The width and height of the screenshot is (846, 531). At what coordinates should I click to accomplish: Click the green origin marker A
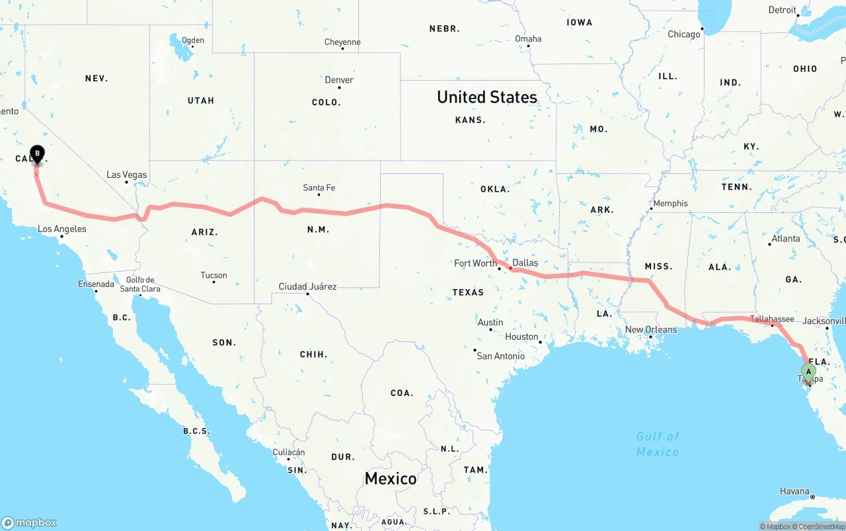point(808,372)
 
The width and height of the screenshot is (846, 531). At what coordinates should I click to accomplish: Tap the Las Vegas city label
point(127,175)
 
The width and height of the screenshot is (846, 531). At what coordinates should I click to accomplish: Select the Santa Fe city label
point(319,188)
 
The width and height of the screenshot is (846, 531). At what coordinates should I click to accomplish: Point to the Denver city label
point(339,80)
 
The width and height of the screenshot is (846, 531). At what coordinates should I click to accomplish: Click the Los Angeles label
point(62,229)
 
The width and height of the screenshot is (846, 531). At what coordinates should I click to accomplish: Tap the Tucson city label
point(213,275)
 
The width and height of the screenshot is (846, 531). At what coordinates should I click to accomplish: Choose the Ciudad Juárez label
point(307,286)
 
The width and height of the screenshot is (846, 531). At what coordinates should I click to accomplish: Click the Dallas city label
point(525,263)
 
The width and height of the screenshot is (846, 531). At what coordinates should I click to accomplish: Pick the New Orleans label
point(651,329)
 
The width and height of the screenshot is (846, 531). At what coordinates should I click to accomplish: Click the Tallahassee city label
point(772,319)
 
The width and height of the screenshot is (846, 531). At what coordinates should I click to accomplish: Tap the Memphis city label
point(671,203)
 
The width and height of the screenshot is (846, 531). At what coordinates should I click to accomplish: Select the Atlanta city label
point(786,239)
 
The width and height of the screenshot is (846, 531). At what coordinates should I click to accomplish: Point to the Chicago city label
point(683,34)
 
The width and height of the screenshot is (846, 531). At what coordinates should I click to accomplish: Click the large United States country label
point(487,97)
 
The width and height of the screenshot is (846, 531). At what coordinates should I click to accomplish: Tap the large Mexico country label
point(391,478)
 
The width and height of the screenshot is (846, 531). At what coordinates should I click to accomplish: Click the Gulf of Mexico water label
point(658,444)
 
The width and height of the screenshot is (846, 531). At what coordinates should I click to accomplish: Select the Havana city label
point(794,491)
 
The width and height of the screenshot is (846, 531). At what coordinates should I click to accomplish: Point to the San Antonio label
point(500,356)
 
